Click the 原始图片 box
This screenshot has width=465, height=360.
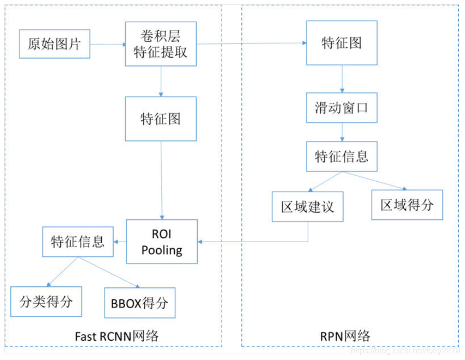point(54,44)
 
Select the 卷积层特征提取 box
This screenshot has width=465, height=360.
point(161,44)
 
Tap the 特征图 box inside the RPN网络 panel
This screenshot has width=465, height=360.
point(341,43)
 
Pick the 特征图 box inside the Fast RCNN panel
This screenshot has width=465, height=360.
point(161,118)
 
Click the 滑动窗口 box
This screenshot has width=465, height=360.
point(341,108)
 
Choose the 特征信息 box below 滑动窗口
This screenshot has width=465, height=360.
point(341,156)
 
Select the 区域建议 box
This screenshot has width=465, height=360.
point(308,207)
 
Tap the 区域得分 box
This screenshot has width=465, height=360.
point(407,204)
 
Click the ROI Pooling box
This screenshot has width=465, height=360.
point(162,241)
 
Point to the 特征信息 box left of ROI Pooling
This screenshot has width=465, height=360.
point(78,242)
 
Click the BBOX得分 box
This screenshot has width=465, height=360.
point(140,303)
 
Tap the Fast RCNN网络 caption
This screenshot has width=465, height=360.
point(117,336)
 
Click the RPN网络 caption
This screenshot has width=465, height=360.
point(345,336)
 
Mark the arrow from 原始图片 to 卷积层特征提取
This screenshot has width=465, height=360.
point(108,44)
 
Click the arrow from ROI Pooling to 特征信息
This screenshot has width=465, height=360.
point(120,242)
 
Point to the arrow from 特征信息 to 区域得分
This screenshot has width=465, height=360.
point(379,181)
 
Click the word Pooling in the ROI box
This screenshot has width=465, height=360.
point(162,250)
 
